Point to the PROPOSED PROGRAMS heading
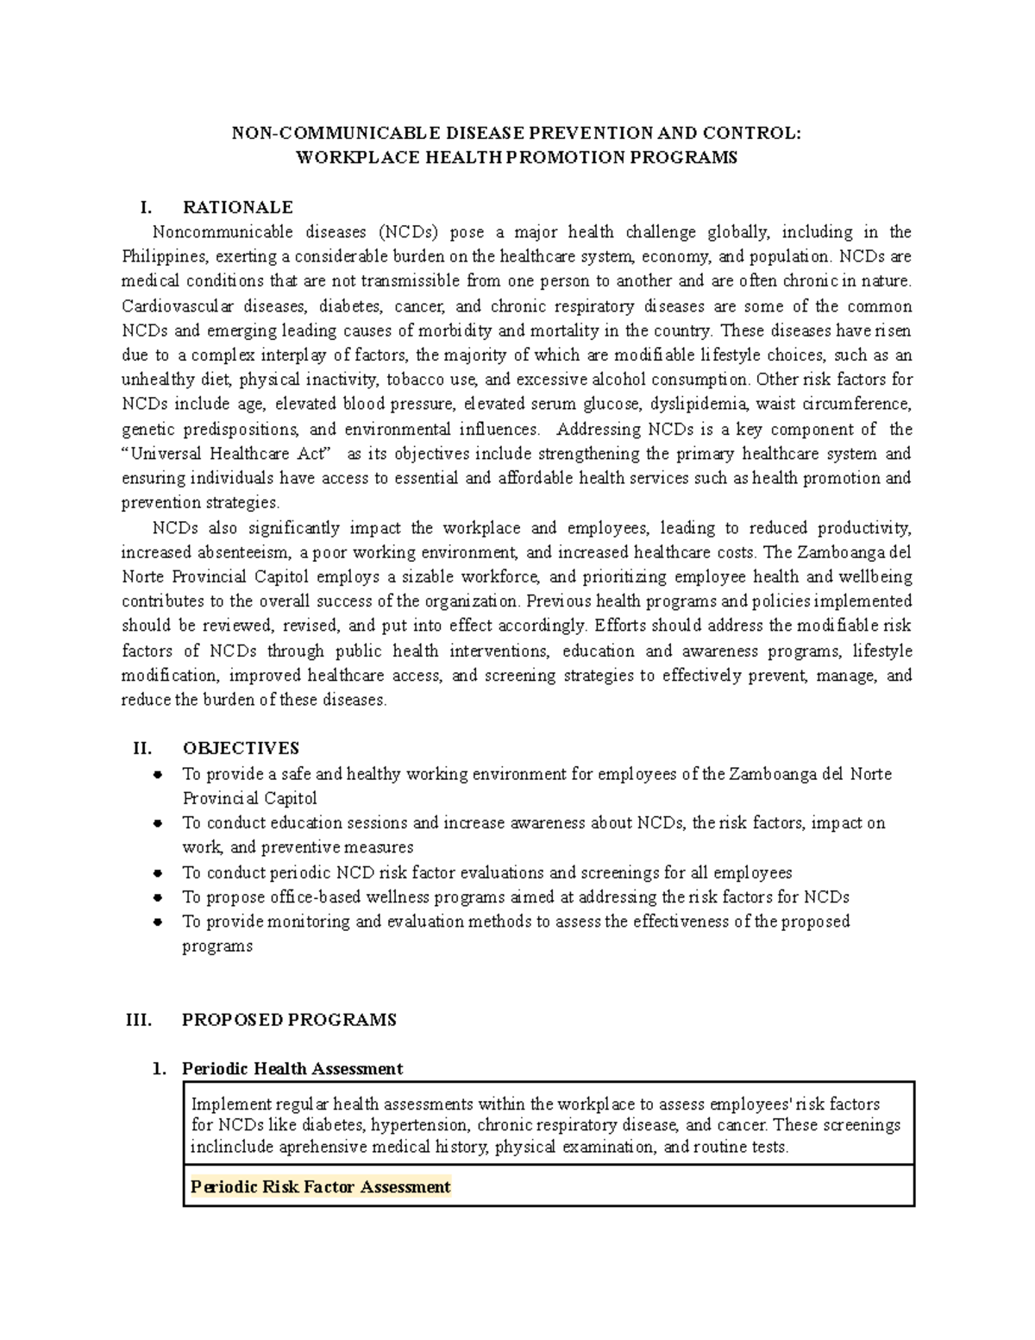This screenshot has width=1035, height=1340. click(289, 1020)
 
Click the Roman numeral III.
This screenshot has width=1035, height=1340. click(139, 1020)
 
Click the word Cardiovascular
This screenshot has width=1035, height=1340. click(172, 306)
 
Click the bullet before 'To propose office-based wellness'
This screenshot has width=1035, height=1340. click(158, 897)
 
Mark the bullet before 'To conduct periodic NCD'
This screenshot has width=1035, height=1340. click(158, 873)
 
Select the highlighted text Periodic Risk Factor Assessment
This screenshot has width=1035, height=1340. click(320, 1187)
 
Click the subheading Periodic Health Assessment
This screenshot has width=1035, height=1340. click(292, 1069)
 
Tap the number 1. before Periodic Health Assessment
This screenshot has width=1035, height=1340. click(158, 1069)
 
